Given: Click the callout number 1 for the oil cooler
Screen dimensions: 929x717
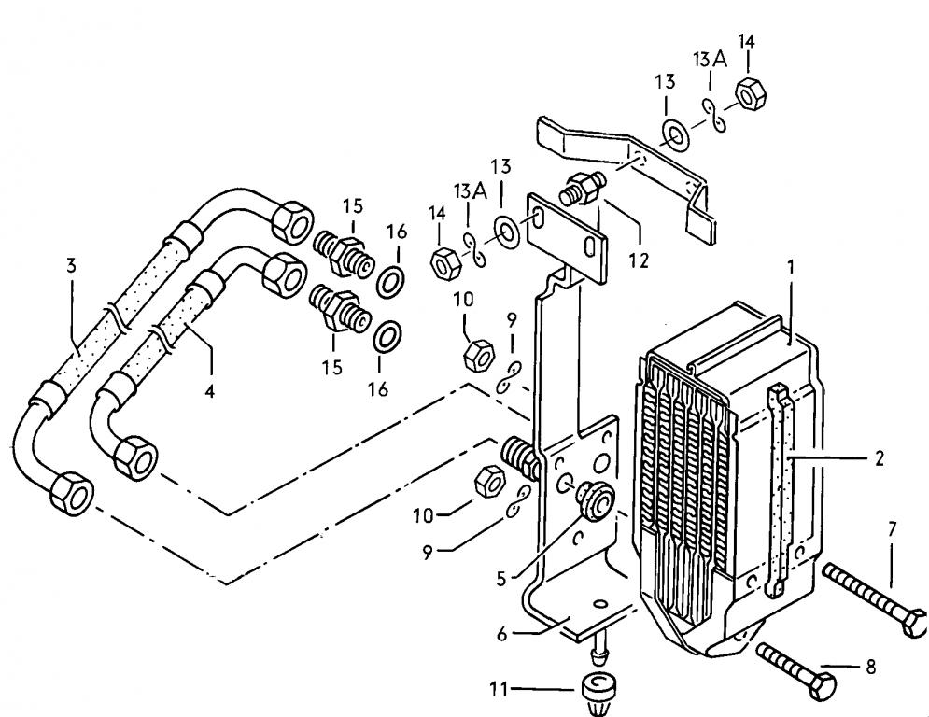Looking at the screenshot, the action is [790, 268].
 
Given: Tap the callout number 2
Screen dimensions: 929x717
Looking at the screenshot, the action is [880, 457].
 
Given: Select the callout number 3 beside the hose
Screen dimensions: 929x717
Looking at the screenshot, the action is [71, 265].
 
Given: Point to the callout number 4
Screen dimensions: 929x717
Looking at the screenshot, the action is [209, 391].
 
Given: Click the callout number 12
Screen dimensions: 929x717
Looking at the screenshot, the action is [639, 260].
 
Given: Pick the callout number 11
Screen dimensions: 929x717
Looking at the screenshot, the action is [499, 689].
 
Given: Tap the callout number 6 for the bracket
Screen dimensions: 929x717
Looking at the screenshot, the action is [502, 634].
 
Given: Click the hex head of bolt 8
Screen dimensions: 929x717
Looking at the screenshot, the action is [823, 686].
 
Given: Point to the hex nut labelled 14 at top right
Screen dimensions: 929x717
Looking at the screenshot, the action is [751, 94].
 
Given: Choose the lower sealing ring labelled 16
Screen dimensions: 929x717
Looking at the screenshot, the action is [387, 337].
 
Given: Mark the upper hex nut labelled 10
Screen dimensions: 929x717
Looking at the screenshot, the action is [477, 355].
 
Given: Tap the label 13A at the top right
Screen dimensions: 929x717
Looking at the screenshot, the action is [710, 59].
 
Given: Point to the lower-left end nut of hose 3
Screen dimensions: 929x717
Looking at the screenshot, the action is [72, 491].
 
